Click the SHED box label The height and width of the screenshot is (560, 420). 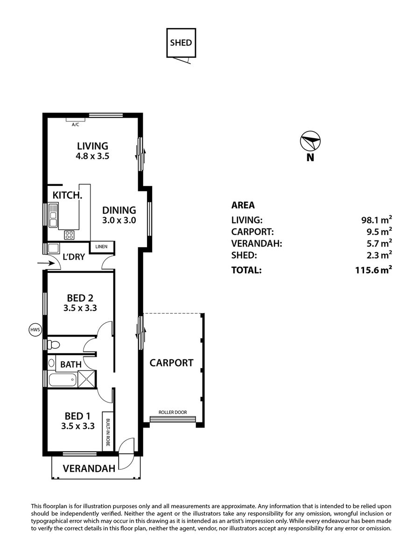(181, 43)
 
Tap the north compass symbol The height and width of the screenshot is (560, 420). (310, 141)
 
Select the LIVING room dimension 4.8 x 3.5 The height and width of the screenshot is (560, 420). (92, 156)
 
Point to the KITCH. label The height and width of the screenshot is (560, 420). (68, 195)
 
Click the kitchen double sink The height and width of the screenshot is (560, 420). (53, 215)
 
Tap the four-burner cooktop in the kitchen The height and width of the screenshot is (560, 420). (69, 235)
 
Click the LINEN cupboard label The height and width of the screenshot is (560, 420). (101, 247)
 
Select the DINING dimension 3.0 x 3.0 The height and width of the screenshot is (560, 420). (119, 220)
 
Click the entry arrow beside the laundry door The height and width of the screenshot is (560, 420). (46, 264)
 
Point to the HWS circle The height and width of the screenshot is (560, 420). (35, 330)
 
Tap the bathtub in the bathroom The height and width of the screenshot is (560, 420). (63, 380)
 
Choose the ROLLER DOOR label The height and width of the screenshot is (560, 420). (173, 412)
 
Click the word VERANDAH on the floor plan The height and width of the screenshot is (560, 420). (89, 468)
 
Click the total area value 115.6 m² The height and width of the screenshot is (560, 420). (373, 270)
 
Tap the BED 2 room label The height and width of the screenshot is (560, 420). (80, 298)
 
